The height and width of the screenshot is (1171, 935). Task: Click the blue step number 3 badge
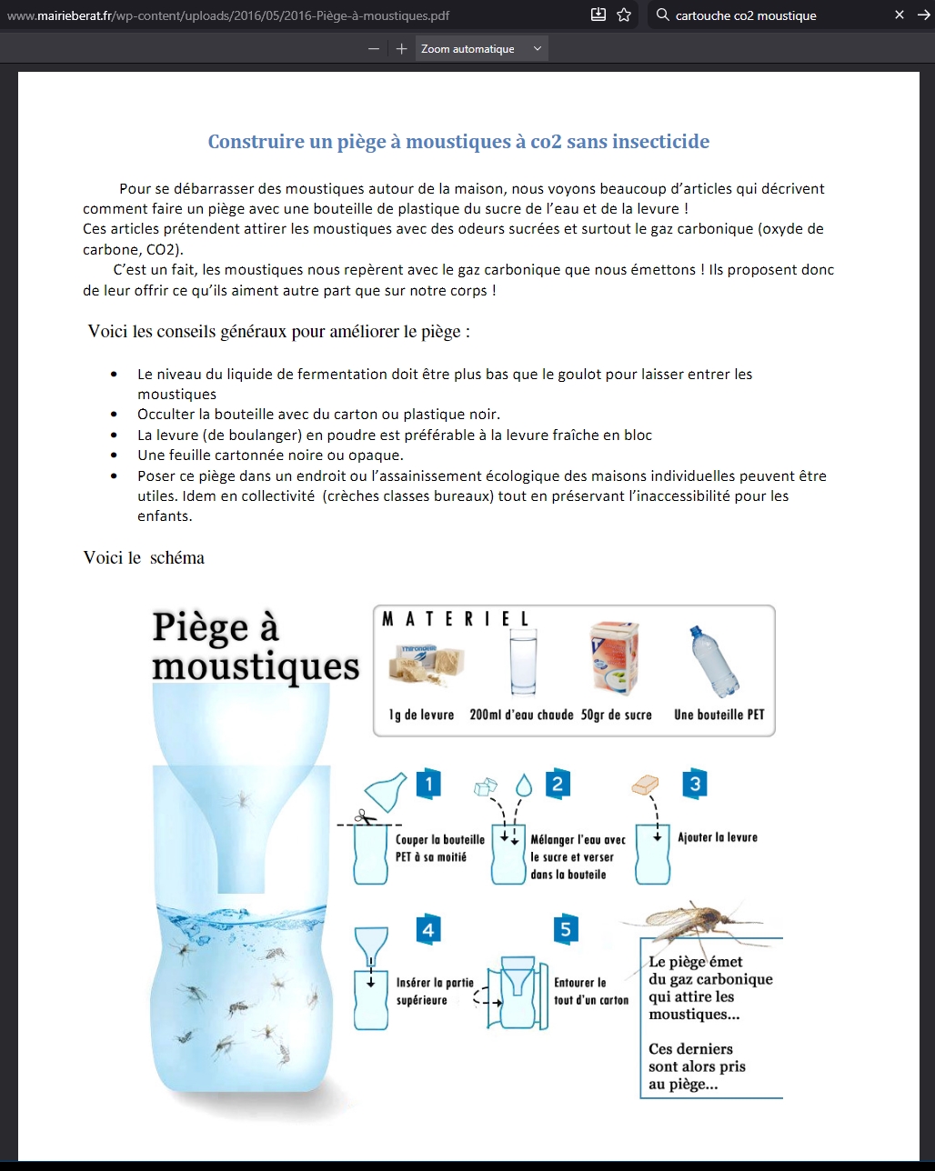[x=696, y=784]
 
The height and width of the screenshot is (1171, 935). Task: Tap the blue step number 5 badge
[x=566, y=929]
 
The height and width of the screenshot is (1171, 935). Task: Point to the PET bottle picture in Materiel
[x=716, y=662]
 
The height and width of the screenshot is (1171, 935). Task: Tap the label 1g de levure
[x=421, y=715]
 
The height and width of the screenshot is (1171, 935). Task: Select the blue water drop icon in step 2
[x=524, y=785]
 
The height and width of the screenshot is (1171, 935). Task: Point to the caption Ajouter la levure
[x=718, y=837]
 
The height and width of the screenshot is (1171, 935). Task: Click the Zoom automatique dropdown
[x=482, y=49]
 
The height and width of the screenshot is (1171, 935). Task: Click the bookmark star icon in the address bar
[x=624, y=15]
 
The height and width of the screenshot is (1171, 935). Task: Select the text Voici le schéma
[x=144, y=558]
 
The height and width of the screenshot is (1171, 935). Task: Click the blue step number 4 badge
[x=427, y=929]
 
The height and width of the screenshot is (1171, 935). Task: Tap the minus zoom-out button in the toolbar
[x=374, y=49]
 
